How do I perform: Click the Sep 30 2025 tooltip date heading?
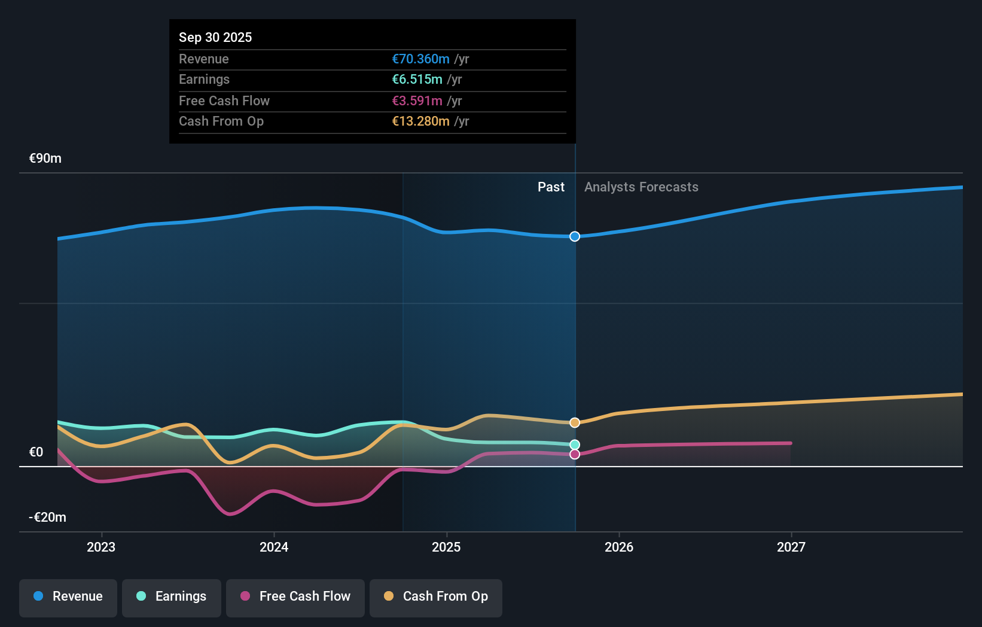pos(215,37)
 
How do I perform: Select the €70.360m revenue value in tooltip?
pos(420,59)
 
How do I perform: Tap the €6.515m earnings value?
pos(417,79)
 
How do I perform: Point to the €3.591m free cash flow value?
pos(417,101)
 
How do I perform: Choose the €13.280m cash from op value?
pos(420,121)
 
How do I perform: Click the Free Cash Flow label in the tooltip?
pos(224,101)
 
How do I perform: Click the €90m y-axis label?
pos(45,158)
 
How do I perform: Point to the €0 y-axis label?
pos(36,452)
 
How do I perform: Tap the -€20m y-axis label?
pos(48,517)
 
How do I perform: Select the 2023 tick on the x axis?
pos(101,547)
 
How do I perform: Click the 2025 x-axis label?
pos(446,547)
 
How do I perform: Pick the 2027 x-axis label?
pos(791,547)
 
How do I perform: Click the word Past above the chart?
pos(551,187)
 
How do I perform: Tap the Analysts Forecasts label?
pos(641,187)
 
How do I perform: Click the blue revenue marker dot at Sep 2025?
pos(575,236)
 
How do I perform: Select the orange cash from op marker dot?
pos(575,422)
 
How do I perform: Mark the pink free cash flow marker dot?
pos(575,454)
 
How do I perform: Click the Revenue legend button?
pos(68,596)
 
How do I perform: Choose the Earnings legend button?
pos(172,596)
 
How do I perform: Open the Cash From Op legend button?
pos(436,596)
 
